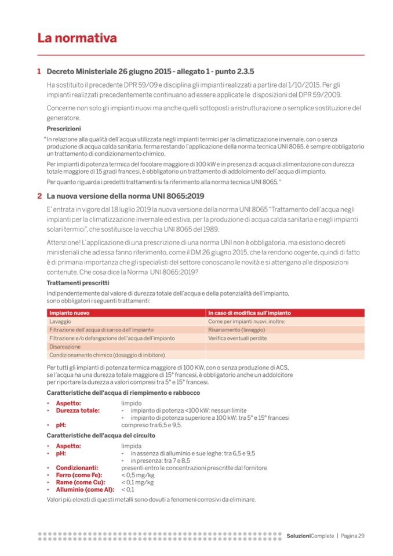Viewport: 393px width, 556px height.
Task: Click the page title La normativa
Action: click(77, 38)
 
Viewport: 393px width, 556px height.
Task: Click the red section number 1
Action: click(39, 72)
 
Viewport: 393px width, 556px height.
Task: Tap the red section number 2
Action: click(39, 195)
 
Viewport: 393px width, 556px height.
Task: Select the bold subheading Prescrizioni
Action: click(64, 128)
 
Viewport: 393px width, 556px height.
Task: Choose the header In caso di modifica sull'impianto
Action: click(250, 313)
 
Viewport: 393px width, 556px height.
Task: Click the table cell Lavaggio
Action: click(61, 321)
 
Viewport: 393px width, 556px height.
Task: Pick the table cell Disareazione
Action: click(65, 346)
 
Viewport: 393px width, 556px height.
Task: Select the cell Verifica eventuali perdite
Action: click(240, 337)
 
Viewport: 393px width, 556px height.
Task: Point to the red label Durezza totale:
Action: click(78, 410)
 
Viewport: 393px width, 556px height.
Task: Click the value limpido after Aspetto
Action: click(131, 402)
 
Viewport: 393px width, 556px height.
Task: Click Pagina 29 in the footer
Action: click(353, 535)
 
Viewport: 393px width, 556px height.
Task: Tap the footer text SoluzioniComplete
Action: click(310, 535)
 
